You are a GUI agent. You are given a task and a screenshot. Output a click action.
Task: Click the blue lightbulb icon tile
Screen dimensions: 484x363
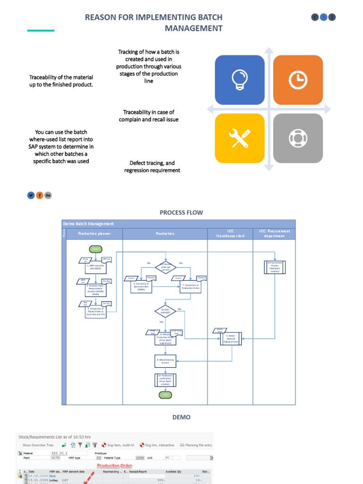[240, 80]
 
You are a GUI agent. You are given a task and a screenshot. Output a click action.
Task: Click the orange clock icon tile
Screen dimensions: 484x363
[298, 80]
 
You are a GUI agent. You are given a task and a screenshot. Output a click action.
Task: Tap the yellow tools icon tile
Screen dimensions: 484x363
[240, 138]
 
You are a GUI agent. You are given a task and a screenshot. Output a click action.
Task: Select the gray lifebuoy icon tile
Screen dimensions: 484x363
[298, 138]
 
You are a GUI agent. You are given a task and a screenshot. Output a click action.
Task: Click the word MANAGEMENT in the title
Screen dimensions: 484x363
[193, 28]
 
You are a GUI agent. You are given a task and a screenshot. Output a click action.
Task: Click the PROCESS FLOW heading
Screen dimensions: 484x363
[181, 213]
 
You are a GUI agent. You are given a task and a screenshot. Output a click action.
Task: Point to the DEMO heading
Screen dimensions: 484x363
[181, 417]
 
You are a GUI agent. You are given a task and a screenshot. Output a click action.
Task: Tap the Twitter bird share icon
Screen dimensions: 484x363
[31, 195]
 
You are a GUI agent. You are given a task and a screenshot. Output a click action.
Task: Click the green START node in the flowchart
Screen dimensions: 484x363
[95, 249]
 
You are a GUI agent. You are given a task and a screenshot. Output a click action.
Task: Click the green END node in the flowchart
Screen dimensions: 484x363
[165, 395]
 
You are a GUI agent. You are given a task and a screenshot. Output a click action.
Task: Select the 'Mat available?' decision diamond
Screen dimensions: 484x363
[165, 311]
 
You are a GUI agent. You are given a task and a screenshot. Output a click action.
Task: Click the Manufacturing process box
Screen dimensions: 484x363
[165, 361]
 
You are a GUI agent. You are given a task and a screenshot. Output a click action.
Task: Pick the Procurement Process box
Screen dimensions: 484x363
[275, 267]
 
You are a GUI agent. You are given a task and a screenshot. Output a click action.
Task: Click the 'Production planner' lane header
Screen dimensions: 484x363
[95, 233]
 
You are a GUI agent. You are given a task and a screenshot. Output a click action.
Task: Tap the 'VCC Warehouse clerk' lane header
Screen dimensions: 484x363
[230, 233]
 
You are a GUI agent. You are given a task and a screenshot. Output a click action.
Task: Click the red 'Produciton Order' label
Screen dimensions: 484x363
[115, 466]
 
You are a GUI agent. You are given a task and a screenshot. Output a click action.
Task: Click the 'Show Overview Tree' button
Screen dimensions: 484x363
[38, 445]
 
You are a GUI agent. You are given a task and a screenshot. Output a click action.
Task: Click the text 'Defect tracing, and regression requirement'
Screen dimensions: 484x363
[152, 167]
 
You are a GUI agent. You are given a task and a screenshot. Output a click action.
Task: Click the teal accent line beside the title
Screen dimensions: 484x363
[41, 31]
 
